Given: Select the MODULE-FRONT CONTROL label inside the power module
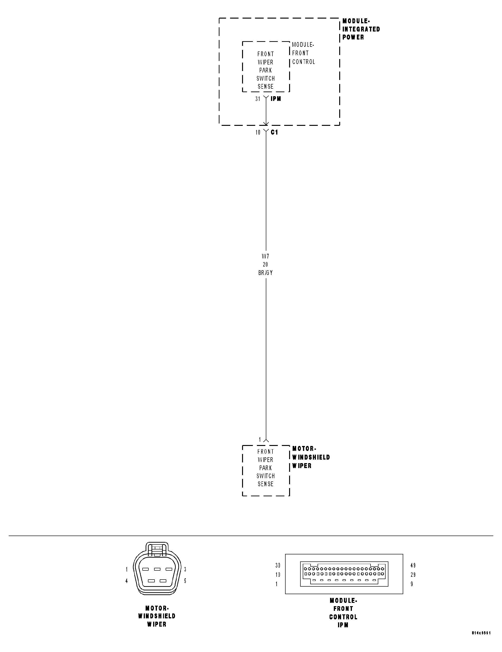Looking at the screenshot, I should click(x=303, y=53).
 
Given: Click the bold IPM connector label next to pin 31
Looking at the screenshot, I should click(x=276, y=99).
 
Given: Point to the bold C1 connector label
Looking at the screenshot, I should click(x=274, y=132).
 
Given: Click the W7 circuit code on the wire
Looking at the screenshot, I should click(x=265, y=256).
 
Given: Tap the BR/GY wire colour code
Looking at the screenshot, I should click(x=265, y=273).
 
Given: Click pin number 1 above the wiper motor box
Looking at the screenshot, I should click(x=260, y=439).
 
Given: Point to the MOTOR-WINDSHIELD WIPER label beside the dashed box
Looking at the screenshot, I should click(x=311, y=457).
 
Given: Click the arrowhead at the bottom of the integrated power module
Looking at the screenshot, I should click(x=266, y=123).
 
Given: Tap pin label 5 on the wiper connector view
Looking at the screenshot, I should click(x=185, y=581).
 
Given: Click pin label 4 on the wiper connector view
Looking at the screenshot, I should click(x=127, y=581).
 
